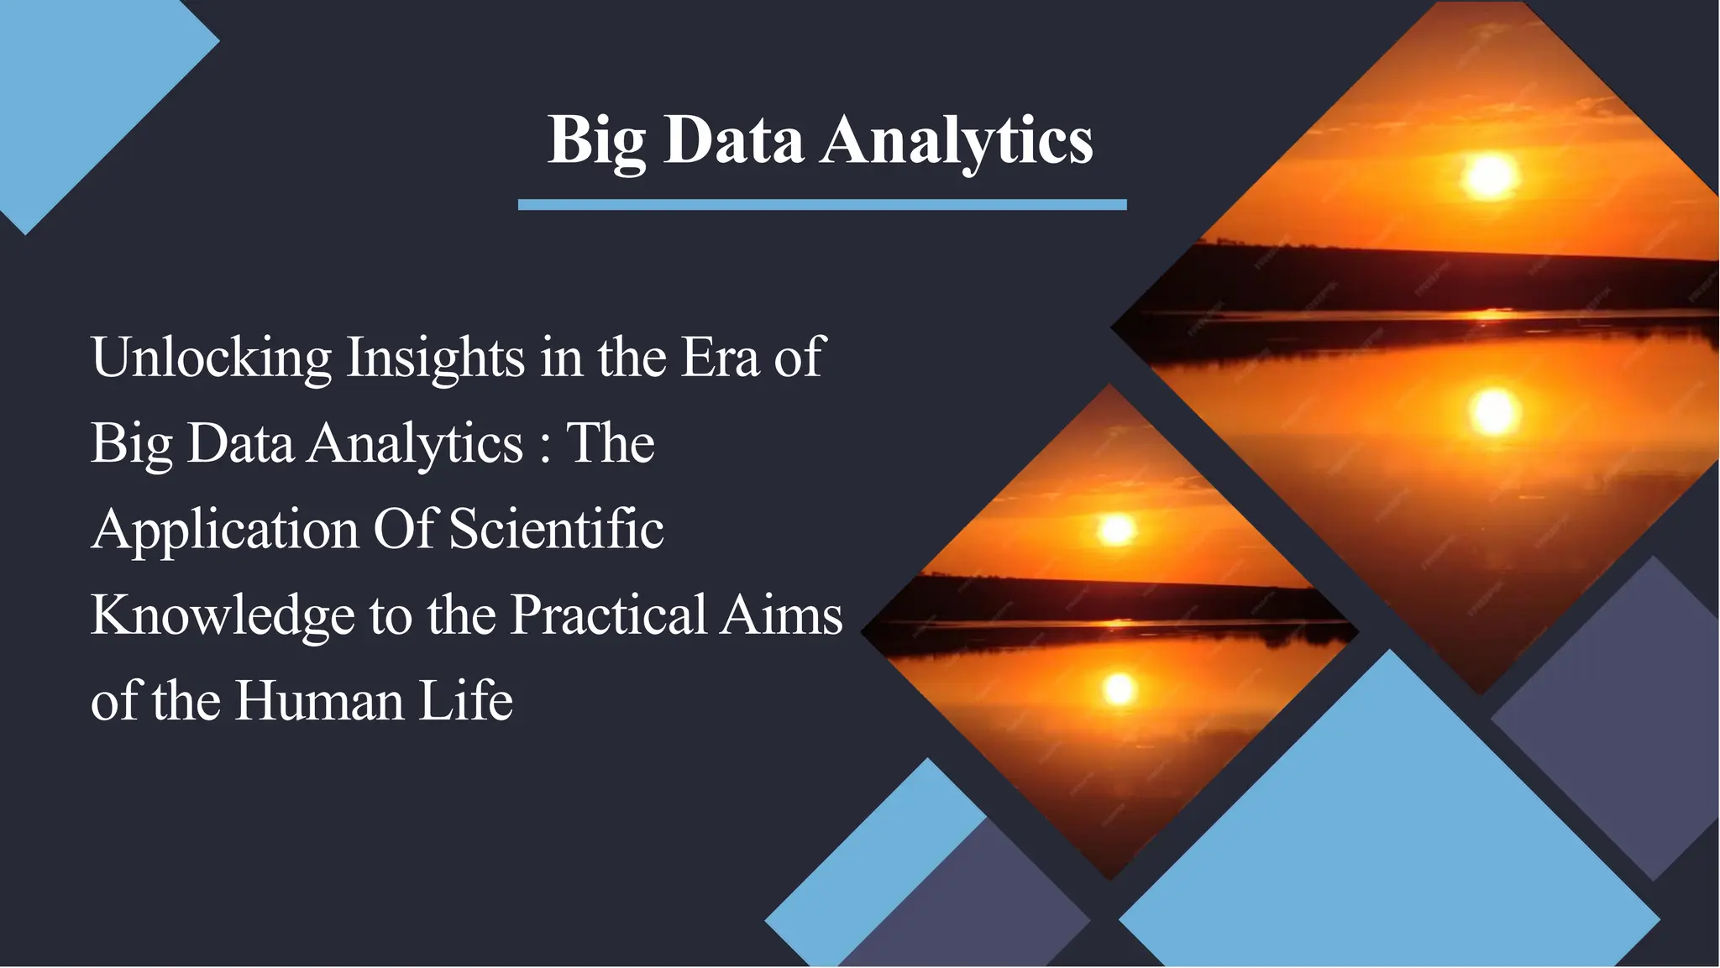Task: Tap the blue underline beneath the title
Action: (821, 205)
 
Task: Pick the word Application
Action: (225, 531)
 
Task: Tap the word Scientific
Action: (556, 531)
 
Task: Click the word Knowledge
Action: (222, 617)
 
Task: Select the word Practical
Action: (608, 615)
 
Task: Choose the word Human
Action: (319, 702)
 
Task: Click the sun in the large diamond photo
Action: (1490, 176)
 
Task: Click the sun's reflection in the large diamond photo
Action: (1493, 411)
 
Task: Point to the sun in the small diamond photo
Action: (1116, 530)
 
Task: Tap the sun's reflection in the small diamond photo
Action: (1119, 688)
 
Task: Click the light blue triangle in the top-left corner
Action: (76, 92)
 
